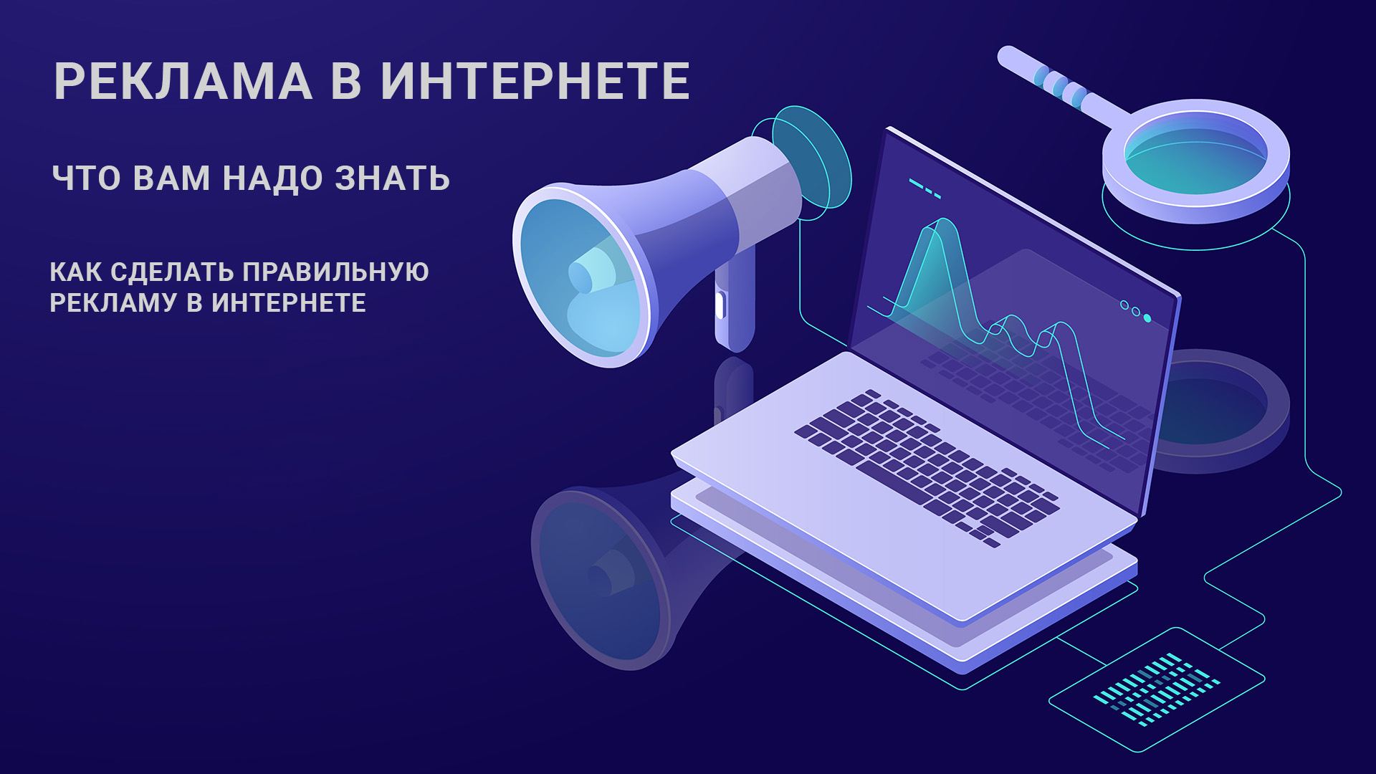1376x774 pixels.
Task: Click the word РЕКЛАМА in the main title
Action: pyautogui.click(x=183, y=81)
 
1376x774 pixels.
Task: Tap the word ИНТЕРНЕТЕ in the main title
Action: pyautogui.click(x=535, y=81)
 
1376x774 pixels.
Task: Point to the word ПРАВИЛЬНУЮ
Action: pyautogui.click(x=335, y=272)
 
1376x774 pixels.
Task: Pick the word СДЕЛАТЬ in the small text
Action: pyautogui.click(x=173, y=272)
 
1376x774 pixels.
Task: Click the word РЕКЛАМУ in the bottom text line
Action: pyautogui.click(x=114, y=303)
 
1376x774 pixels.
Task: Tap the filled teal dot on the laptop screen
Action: pyautogui.click(x=1147, y=317)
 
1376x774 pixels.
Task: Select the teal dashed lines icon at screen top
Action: pyautogui.click(x=924, y=188)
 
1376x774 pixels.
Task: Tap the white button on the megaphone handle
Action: pyautogui.click(x=720, y=305)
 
